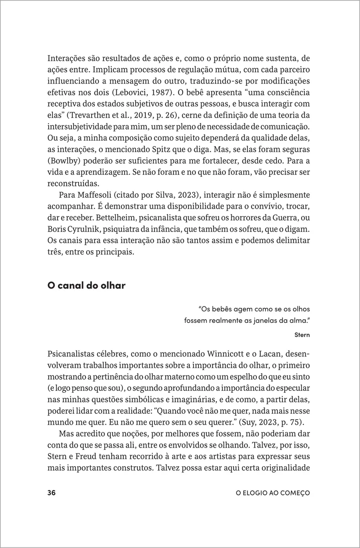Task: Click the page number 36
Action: (51, 493)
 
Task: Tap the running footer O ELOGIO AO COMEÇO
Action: (272, 493)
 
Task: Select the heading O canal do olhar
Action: (86, 286)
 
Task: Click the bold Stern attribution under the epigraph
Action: (302, 335)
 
